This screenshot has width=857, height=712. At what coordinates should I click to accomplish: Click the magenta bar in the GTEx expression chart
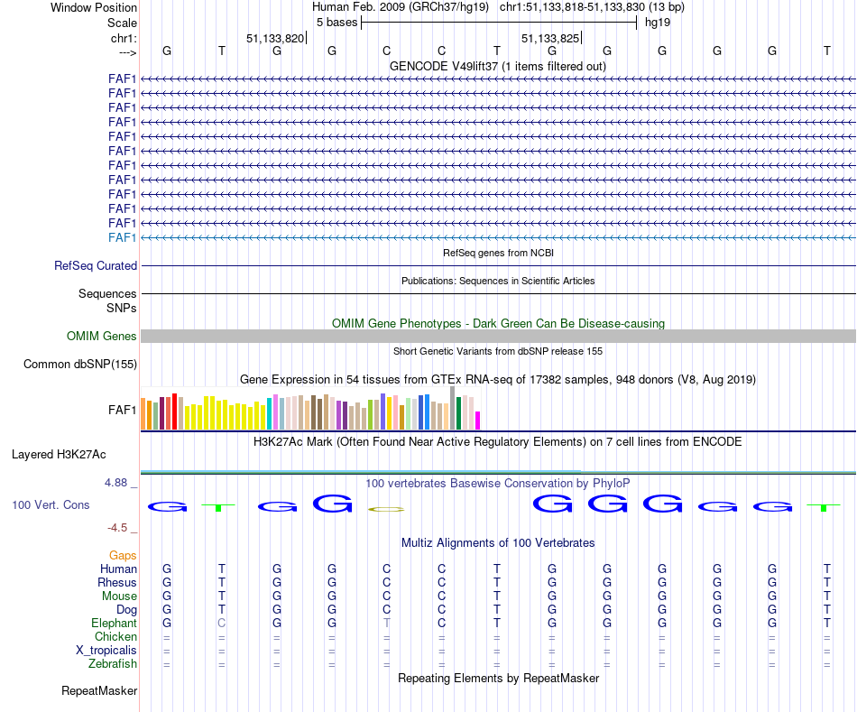click(x=478, y=421)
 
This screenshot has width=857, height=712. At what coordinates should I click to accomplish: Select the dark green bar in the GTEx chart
click(x=459, y=413)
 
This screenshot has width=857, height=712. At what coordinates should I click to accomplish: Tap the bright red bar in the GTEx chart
click(x=174, y=411)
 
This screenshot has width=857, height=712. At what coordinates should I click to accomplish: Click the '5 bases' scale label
click(x=336, y=22)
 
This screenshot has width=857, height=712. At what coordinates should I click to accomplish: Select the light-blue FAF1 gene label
click(x=122, y=237)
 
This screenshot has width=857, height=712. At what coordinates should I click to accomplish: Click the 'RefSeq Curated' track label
click(x=96, y=266)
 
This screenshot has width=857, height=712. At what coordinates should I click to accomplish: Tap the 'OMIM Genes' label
click(x=102, y=337)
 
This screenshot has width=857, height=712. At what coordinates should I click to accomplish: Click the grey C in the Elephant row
click(x=222, y=624)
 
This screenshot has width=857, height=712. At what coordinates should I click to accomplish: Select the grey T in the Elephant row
click(x=387, y=624)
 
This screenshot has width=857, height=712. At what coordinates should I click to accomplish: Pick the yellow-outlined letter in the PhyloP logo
click(x=386, y=510)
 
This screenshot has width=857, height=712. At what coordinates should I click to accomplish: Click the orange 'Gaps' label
click(x=123, y=556)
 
